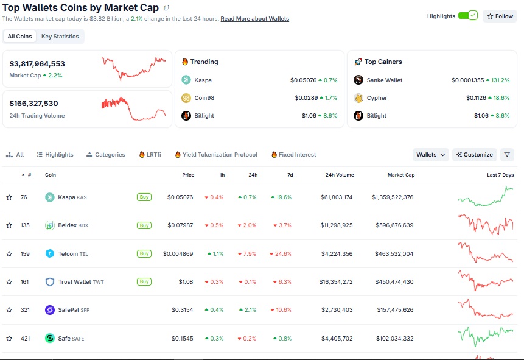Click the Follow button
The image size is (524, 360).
500,16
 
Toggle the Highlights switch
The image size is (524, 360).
467,16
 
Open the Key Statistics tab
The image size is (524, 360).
60,37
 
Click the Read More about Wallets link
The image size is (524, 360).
254,19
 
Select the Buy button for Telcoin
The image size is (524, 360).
144,253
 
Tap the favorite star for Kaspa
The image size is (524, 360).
9,197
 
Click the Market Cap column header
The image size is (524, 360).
401,175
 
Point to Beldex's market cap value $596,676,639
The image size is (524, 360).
394,225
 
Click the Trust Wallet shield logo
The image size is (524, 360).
50,281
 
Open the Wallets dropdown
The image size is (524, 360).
430,155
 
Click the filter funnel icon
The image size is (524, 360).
507,155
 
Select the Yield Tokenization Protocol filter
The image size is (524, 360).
216,155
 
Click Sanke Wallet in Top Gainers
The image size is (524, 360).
384,80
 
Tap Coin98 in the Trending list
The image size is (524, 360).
204,98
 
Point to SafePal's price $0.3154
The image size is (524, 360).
182,310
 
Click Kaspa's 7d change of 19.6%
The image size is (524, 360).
281,197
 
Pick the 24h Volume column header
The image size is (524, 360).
340,175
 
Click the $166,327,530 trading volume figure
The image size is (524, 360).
33,104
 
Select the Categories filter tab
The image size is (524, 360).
106,155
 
